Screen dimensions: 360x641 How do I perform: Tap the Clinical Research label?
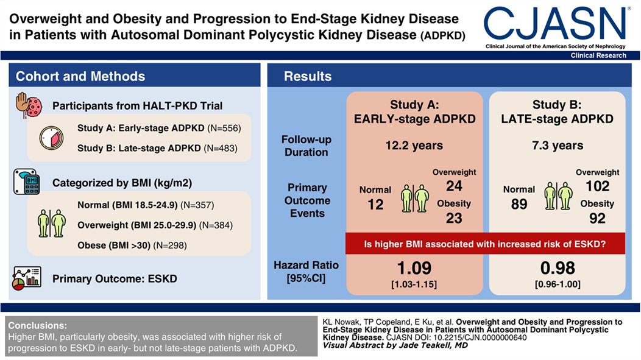[598, 55]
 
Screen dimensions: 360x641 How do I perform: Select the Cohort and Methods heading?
[80, 77]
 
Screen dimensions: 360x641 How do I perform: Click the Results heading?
[308, 77]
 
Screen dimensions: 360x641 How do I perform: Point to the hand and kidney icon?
[27, 105]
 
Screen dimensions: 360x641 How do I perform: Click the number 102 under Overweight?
[597, 187]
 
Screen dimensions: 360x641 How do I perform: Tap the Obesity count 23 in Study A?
[454, 217]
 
